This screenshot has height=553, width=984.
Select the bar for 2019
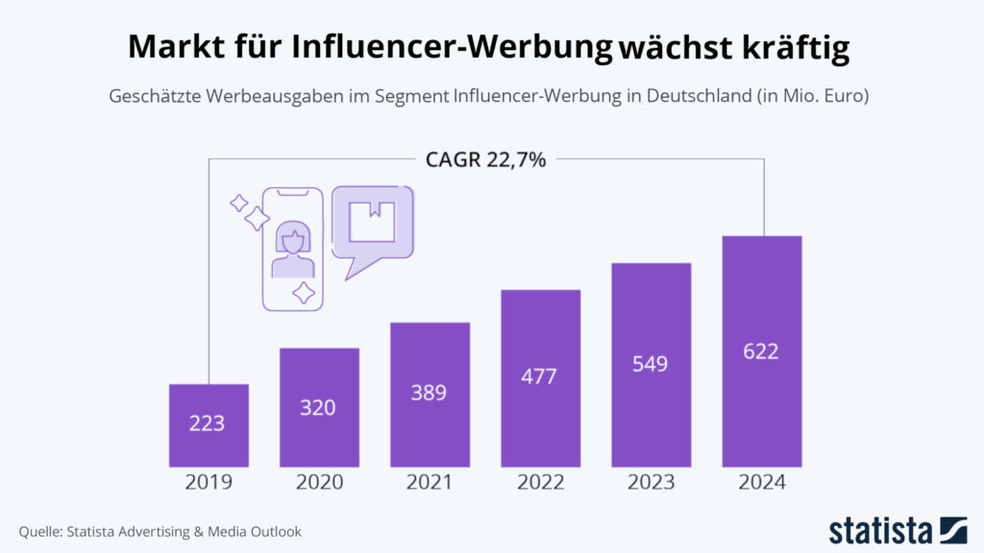pos(209,424)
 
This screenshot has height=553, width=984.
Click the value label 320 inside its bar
pos(318,407)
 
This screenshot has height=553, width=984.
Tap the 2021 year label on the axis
pos(430,483)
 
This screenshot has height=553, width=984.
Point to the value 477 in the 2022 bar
pos(540,376)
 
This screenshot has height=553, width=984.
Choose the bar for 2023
pos(652,365)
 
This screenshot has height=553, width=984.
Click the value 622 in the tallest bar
pos(761,351)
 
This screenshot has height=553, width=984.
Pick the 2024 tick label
pos(762,483)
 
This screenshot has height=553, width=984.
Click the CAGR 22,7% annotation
pos(485,159)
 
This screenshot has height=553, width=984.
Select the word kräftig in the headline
pos(797,47)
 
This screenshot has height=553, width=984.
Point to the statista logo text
pos(882,530)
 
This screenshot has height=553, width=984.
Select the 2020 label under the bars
pos(318,483)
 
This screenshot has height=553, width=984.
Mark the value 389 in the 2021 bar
pos(430,392)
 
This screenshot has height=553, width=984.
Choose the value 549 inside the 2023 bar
pos(652,365)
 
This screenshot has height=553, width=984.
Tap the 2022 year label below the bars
pos(540,483)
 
